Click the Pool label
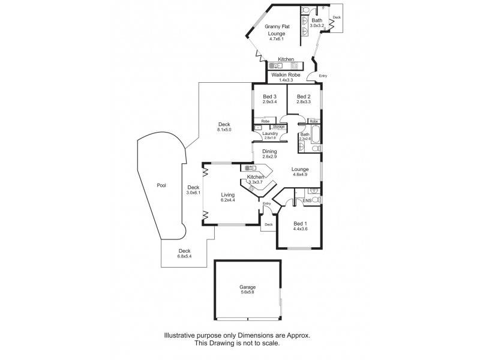[160, 185]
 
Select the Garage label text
[247, 287]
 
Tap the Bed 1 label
[300, 223]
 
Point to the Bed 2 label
[304, 97]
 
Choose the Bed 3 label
[269, 97]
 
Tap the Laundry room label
[262, 133]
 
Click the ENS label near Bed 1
[307, 200]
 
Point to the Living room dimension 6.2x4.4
[227, 200]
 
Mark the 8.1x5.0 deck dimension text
[224, 130]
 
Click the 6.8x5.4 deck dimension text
[184, 256]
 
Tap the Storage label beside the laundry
[279, 127]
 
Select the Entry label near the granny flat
[323, 76]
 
